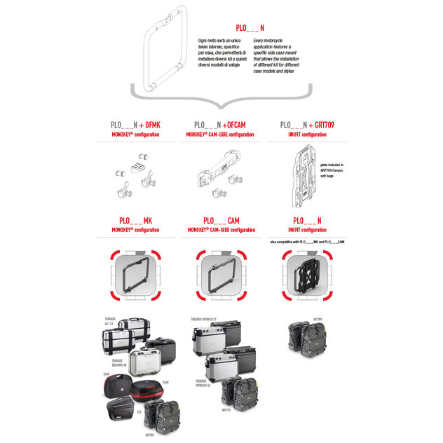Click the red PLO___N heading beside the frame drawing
(250, 28)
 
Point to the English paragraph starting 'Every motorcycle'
(278, 57)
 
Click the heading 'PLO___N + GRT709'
(307, 123)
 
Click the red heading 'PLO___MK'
(135, 220)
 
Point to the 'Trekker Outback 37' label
(203, 319)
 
